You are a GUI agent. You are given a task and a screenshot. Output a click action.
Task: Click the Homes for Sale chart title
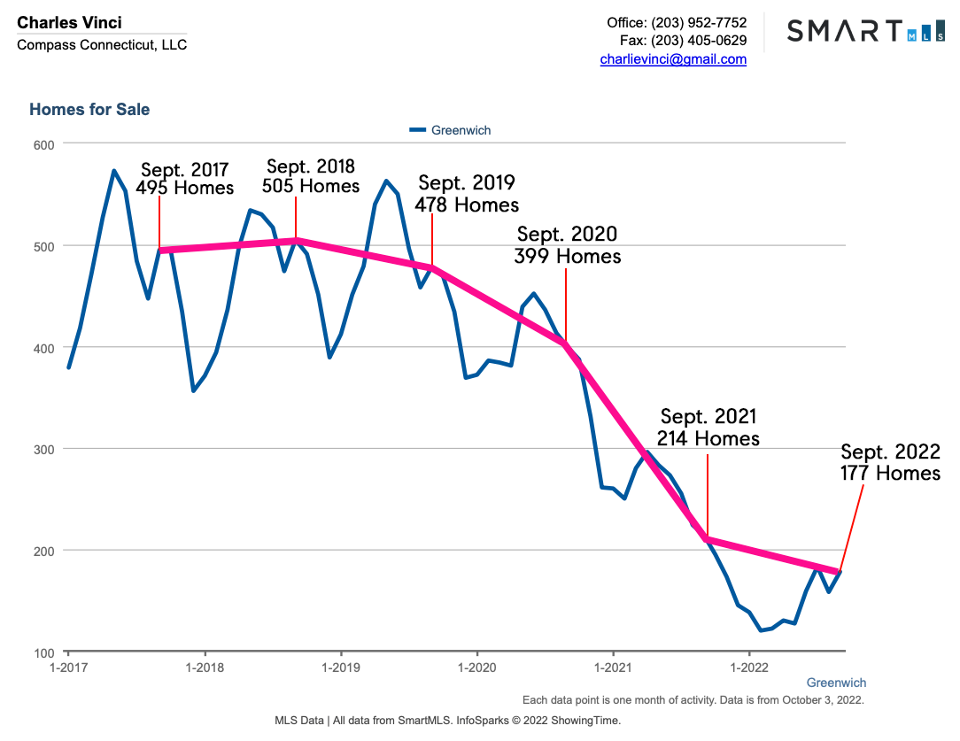click(x=89, y=110)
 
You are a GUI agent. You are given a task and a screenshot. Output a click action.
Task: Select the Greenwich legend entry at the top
click(x=451, y=130)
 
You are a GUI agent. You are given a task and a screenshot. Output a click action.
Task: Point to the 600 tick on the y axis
click(x=43, y=144)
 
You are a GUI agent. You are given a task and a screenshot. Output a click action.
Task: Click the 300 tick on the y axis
click(x=43, y=449)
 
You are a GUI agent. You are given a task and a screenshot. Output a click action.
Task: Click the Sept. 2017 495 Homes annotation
click(x=184, y=179)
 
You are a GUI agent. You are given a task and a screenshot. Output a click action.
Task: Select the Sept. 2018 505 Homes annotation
click(x=310, y=176)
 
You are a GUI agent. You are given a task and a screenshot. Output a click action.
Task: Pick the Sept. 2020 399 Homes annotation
click(x=567, y=245)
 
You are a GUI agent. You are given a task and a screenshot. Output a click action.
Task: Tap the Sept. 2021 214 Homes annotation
click(x=708, y=428)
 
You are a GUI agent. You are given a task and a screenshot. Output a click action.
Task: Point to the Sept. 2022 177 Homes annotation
click(x=890, y=462)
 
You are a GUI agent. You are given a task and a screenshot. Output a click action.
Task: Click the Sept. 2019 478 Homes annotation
click(x=467, y=193)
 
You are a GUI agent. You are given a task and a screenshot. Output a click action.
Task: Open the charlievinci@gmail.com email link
click(x=673, y=59)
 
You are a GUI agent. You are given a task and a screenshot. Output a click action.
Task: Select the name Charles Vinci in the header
click(x=70, y=22)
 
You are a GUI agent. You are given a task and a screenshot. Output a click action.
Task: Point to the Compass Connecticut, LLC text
click(x=102, y=45)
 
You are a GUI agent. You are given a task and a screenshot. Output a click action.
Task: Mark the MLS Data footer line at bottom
click(x=448, y=721)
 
